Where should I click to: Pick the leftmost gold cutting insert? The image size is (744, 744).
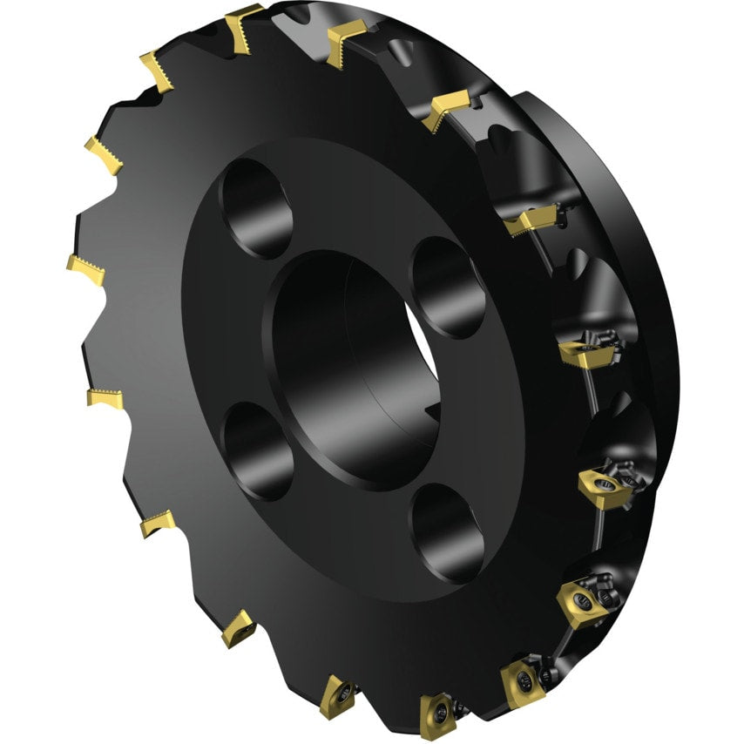point(85,269)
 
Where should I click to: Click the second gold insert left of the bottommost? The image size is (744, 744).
point(238,627)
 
